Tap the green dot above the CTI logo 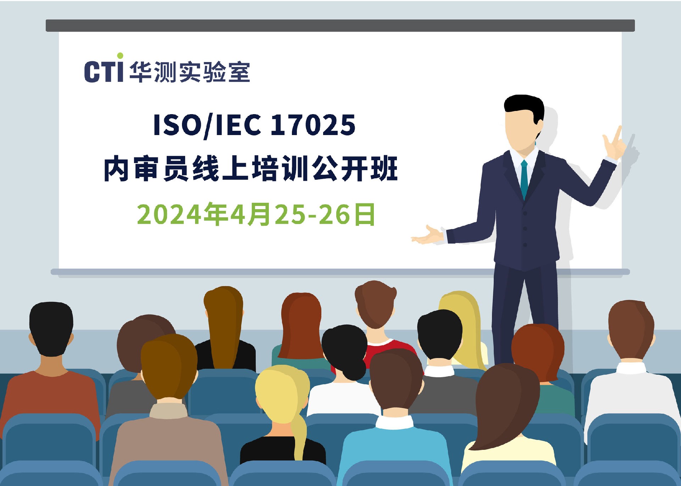[x=120, y=56]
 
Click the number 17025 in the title [x=313, y=125]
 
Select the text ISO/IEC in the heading [x=207, y=125]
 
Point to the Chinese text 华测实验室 [x=190, y=72]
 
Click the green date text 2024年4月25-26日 [x=256, y=214]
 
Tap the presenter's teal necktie [x=524, y=179]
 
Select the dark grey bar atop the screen [x=340, y=26]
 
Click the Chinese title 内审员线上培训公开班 [x=251, y=169]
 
